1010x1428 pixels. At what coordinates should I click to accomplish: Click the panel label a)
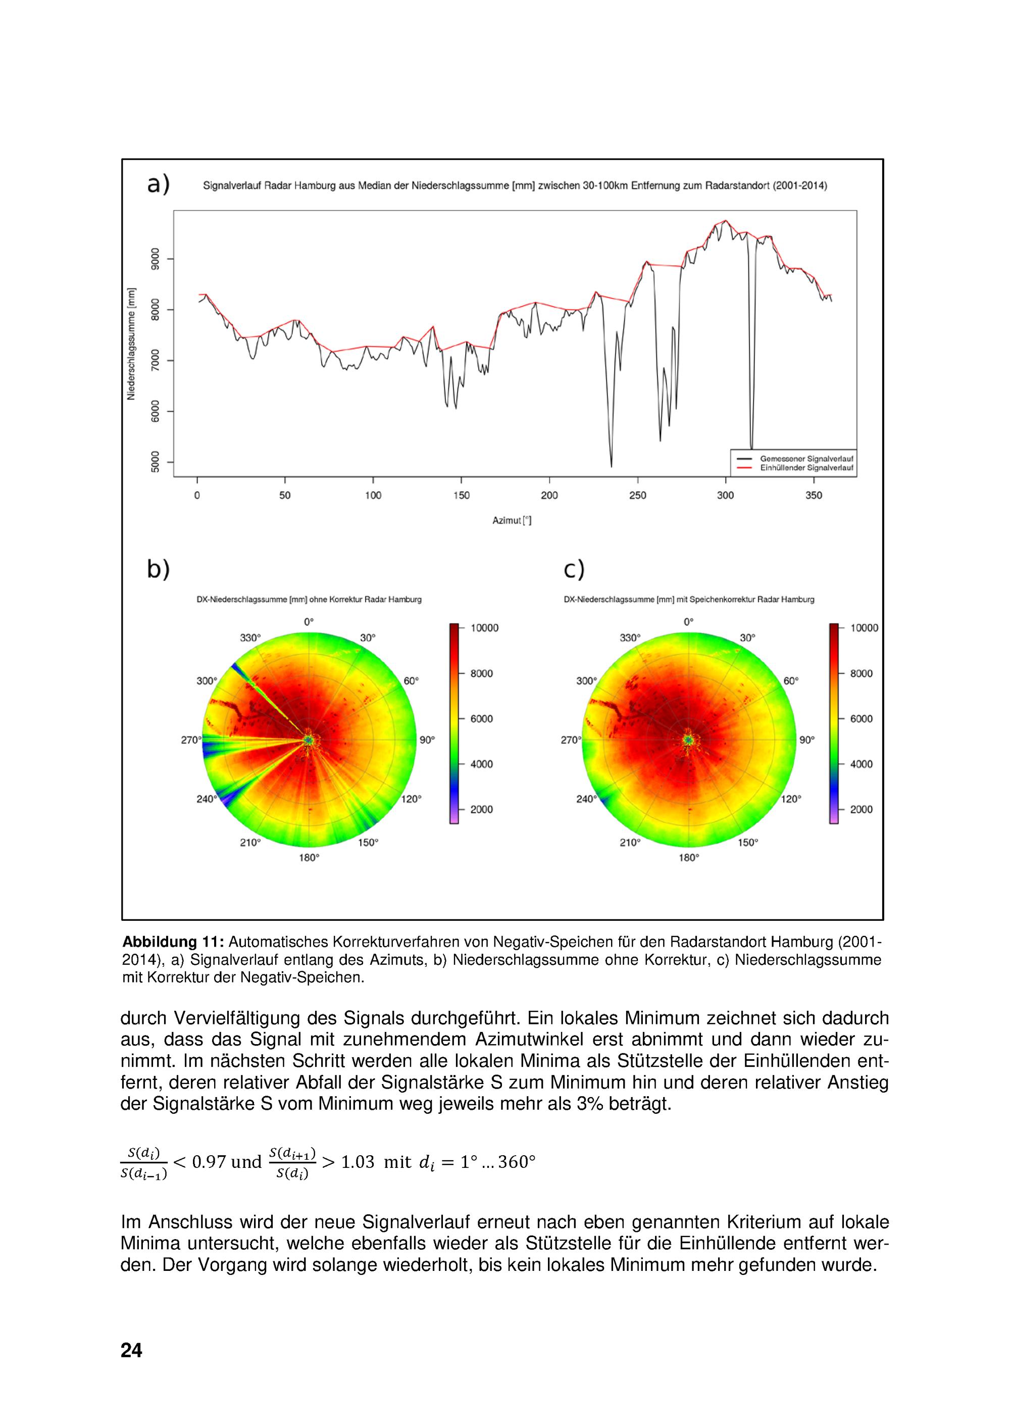(158, 185)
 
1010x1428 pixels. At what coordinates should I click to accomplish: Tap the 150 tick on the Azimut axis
(461, 496)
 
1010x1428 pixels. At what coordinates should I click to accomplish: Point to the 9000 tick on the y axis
(155, 259)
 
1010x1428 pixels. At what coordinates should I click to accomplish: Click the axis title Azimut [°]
(511, 521)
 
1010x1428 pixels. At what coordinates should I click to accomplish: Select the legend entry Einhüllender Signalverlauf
(806, 468)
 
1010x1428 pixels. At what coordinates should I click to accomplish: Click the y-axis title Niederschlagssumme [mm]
(131, 344)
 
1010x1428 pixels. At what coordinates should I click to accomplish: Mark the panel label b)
(158, 569)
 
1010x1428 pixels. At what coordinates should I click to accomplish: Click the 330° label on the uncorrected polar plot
(250, 637)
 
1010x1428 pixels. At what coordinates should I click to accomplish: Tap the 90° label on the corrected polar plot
(806, 740)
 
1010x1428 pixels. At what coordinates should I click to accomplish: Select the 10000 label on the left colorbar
(484, 628)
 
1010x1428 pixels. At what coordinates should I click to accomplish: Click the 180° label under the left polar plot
(309, 857)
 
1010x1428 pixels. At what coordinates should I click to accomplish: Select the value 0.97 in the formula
(209, 1162)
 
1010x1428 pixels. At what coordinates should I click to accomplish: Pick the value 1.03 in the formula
(358, 1162)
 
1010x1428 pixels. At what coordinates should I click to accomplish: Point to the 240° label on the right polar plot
(585, 799)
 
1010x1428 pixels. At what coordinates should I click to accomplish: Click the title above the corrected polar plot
(688, 600)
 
